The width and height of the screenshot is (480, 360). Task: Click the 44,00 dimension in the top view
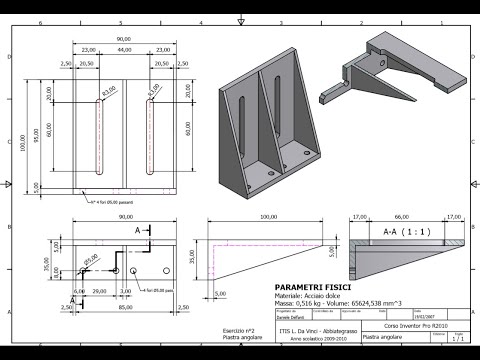124,50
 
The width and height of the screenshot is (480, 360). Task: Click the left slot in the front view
98,134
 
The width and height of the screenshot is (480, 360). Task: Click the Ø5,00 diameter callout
91,258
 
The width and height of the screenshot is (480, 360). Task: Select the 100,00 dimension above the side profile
268,216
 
